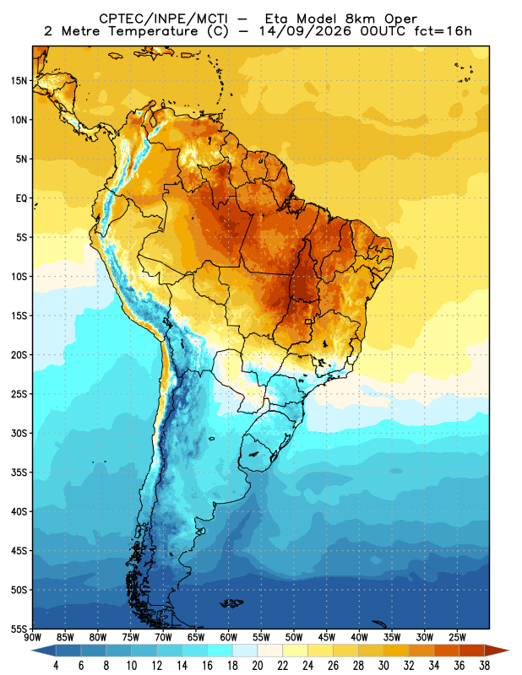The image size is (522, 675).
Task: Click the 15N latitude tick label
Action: [19, 80]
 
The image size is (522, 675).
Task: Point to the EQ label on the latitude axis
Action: [21, 198]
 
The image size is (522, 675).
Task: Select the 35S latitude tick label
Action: [19, 472]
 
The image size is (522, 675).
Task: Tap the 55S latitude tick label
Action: [19, 629]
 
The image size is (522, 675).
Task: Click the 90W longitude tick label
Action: [32, 637]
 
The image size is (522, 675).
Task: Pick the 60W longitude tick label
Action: [228, 637]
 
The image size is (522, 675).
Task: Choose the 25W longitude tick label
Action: [457, 637]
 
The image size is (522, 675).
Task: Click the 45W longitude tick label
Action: [327, 637]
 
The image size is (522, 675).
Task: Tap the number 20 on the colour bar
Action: [258, 666]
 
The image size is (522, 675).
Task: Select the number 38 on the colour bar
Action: [484, 666]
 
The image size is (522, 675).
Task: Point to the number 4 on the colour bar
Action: [56, 666]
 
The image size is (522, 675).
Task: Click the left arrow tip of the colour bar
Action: [32, 651]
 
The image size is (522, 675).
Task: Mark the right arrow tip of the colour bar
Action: [509, 651]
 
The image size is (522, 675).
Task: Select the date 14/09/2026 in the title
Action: [305, 31]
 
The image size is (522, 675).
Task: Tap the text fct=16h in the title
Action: [443, 31]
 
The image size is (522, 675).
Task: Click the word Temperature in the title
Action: [153, 31]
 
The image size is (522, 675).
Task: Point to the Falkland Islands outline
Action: [232, 603]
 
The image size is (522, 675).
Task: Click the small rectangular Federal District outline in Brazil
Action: [308, 321]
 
